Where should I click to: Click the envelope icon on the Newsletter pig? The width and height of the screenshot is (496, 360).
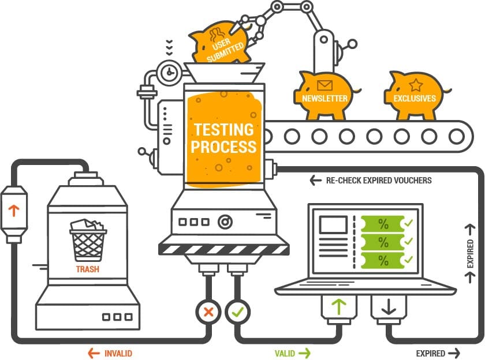(325, 86)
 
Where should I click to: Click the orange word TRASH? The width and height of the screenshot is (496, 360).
(88, 269)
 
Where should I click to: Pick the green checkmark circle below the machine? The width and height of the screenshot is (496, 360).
(237, 312)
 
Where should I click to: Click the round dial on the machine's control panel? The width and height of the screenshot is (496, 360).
(224, 222)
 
